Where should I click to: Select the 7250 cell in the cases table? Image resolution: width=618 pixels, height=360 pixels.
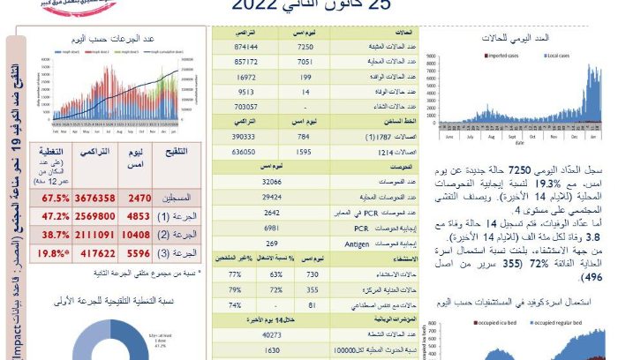pyautogui.click(x=305, y=45)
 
